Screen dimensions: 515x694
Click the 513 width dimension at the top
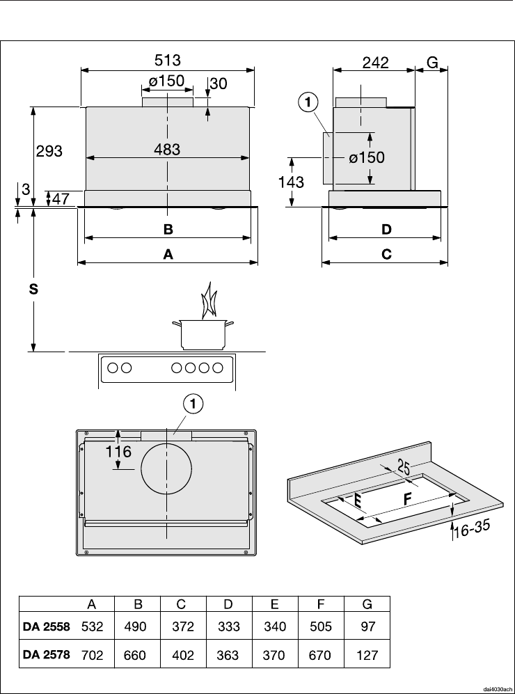[x=168, y=60]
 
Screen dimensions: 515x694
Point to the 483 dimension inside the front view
[x=167, y=150]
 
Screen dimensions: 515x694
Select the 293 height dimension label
[x=49, y=151]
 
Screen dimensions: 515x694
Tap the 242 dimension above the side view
[x=376, y=63]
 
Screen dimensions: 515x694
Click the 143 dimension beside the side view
[x=291, y=182]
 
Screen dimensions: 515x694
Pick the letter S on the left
[x=33, y=290]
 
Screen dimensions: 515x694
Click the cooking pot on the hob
[x=203, y=334]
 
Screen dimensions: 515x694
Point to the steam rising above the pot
[x=208, y=301]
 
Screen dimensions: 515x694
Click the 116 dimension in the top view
[x=118, y=452]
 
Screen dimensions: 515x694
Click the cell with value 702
[x=93, y=654]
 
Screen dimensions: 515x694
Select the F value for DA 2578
[x=321, y=655]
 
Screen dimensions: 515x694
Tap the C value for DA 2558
[x=183, y=626]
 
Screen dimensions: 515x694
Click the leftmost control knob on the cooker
[x=113, y=368]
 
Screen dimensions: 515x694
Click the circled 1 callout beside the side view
[x=308, y=103]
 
